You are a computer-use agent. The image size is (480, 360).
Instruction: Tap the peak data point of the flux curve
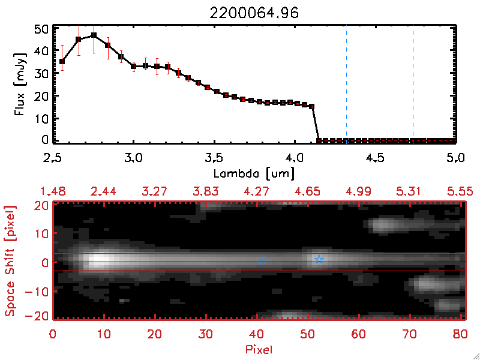[94, 35]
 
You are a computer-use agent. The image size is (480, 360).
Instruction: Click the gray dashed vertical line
[346, 84]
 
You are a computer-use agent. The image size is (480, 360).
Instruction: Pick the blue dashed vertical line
[413, 84]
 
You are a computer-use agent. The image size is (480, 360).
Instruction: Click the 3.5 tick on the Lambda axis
[214, 158]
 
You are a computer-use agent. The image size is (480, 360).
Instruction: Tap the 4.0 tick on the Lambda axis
[294, 158]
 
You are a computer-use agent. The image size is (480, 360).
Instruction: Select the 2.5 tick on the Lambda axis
[53, 158]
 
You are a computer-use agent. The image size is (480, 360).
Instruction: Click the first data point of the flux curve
[62, 61]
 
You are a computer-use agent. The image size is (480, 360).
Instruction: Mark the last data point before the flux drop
[312, 106]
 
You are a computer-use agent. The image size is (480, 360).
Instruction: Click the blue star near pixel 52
[319, 259]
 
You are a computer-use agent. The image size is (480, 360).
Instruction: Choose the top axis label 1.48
[53, 191]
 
